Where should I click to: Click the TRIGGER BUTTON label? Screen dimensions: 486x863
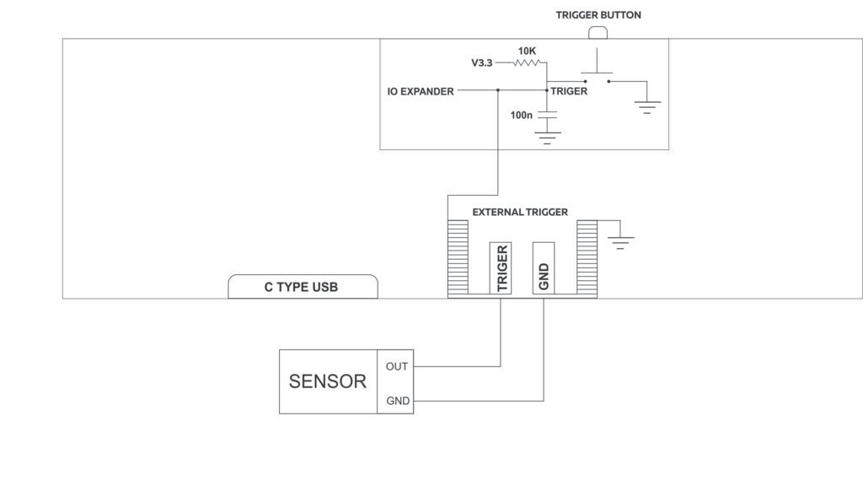pos(598,15)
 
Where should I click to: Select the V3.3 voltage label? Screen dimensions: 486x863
pos(481,62)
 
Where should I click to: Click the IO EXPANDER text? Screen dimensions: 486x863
pos(421,91)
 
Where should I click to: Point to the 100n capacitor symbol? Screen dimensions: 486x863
pos(547,113)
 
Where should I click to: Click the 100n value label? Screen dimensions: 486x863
pos(522,114)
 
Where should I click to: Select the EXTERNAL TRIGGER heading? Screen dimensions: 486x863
pos(520,212)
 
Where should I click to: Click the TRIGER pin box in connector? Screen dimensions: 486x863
pos(501,268)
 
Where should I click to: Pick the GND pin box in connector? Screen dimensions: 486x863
pos(544,268)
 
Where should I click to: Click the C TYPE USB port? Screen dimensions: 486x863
pos(303,287)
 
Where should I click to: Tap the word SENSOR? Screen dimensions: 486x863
pos(328,381)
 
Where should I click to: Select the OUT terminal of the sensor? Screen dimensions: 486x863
pos(396,366)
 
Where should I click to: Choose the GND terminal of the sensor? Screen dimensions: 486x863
pos(397,401)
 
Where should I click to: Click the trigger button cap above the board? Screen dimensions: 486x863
pos(598,33)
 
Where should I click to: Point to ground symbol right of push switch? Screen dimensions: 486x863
pos(647,106)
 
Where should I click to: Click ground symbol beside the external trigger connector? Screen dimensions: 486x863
pos(620,242)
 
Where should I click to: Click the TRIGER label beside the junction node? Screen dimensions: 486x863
pos(569,91)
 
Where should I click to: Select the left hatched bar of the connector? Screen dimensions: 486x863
pos(458,258)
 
